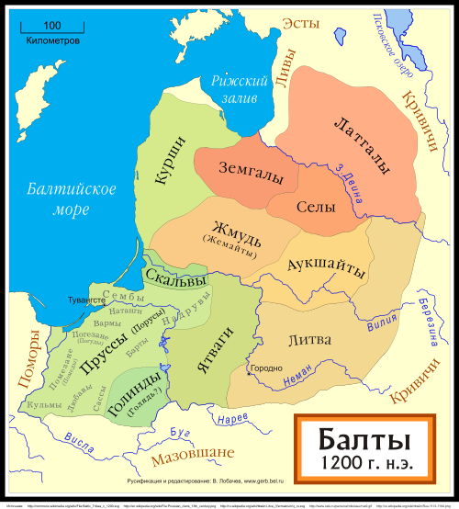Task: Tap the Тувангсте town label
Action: [86, 300]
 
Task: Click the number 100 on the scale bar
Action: [51, 25]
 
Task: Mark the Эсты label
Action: [300, 24]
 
